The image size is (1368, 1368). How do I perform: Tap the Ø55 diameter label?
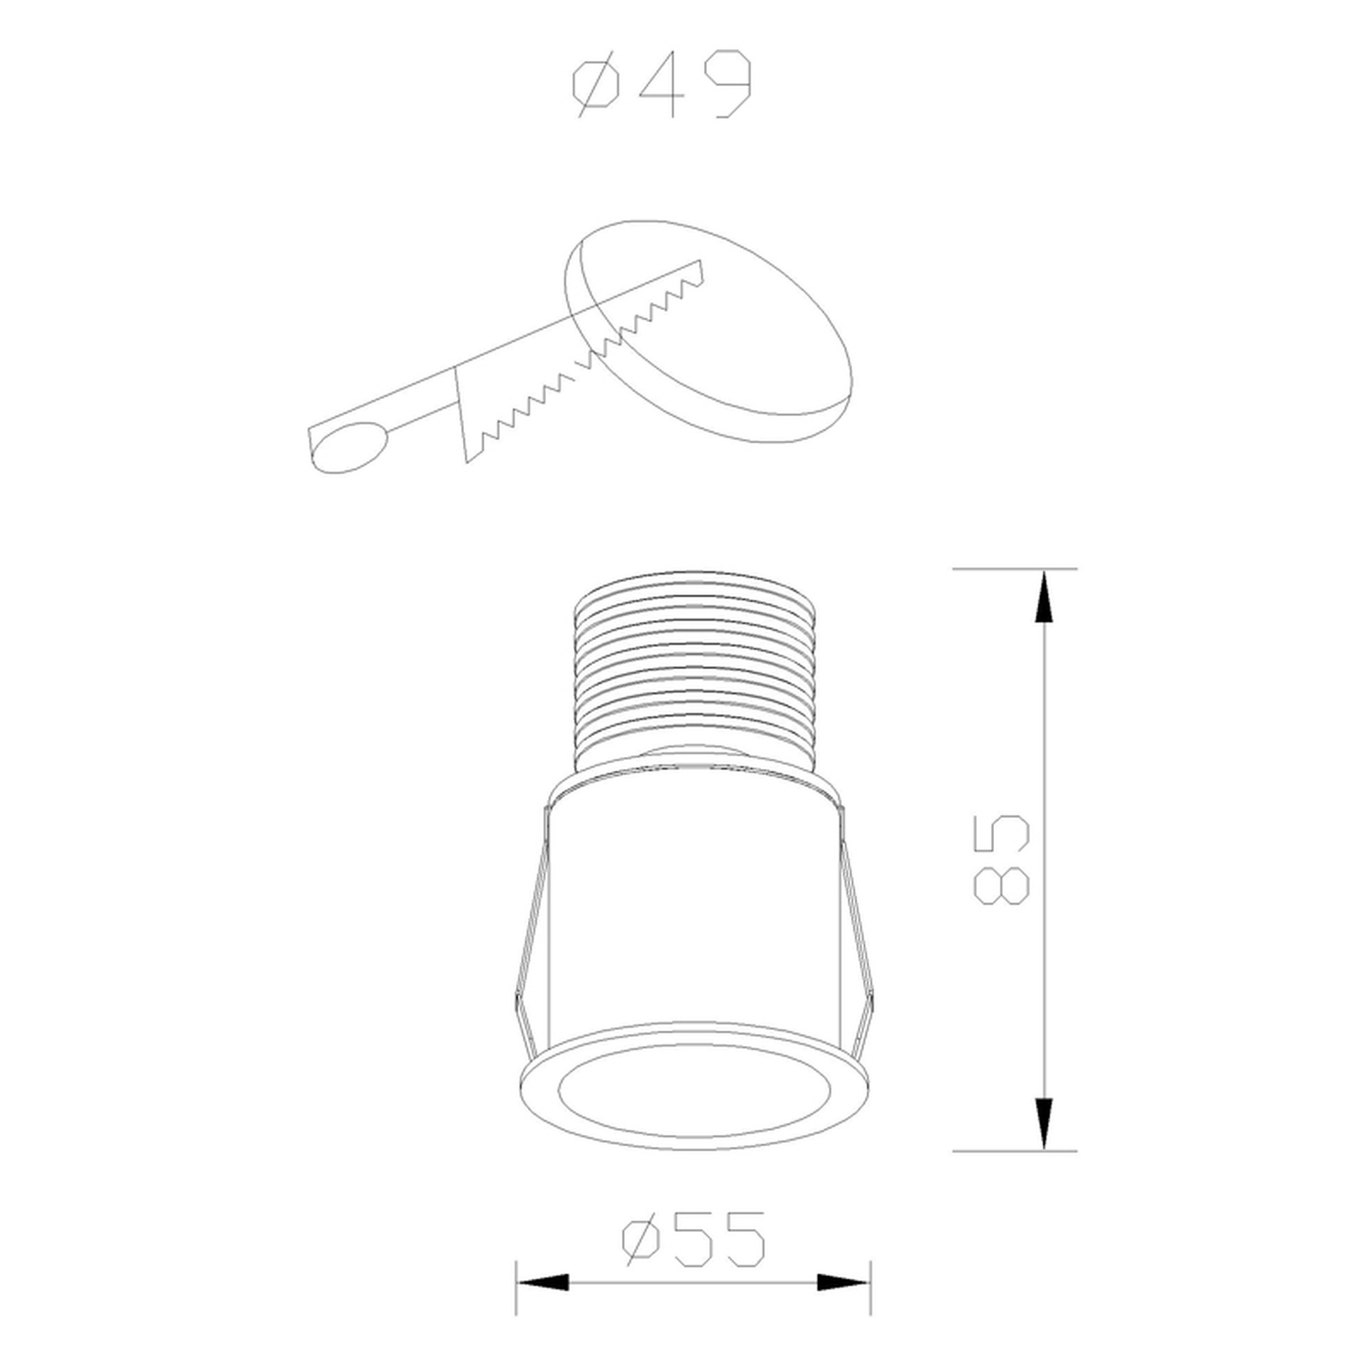pos(694,1198)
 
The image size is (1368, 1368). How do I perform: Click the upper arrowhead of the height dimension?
pos(1045,598)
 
